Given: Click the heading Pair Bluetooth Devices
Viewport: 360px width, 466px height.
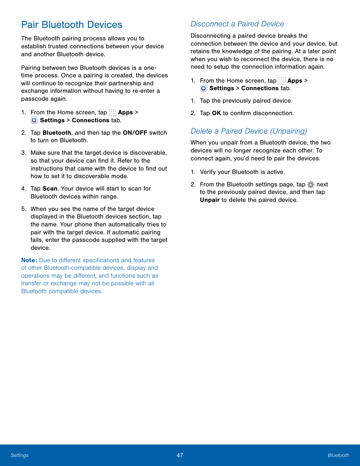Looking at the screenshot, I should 72,25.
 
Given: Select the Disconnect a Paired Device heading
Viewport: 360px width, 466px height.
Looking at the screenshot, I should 237,24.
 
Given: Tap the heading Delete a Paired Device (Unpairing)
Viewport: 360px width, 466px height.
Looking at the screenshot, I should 248,131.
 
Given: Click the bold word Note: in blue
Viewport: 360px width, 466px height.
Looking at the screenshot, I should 29,260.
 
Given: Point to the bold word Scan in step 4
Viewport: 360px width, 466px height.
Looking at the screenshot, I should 50,189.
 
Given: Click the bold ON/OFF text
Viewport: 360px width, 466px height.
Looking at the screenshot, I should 135,133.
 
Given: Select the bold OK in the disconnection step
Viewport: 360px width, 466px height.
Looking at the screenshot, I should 216,113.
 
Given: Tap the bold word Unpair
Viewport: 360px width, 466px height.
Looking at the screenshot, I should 209,200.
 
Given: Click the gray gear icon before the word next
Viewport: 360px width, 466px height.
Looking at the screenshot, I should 311,185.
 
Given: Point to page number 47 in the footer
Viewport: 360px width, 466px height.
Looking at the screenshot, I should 180,455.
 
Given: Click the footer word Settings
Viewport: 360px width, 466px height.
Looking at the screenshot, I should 20,455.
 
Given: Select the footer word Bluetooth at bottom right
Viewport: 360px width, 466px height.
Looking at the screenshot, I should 338,455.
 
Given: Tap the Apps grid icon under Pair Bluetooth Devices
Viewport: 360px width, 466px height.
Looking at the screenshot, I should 112,112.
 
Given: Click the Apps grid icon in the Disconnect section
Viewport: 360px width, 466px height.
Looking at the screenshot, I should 282,81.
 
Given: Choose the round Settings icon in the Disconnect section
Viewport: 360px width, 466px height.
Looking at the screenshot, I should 204,88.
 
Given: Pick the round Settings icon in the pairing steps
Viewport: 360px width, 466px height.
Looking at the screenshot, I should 34,120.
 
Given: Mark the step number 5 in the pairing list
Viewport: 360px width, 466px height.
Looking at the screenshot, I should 23,209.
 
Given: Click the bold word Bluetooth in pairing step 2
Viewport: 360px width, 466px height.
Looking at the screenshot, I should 57,133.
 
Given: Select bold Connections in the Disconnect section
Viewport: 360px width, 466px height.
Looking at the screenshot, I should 260,88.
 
